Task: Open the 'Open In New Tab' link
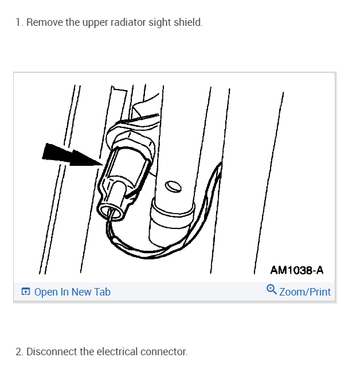tap(72, 292)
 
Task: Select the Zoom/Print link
tap(304, 292)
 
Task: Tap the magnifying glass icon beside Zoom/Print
tap(272, 290)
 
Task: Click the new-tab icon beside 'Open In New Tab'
tap(25, 292)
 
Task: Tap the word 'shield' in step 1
tap(189, 23)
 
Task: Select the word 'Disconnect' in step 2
tap(52, 351)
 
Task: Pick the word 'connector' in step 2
tap(163, 351)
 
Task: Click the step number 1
tap(18, 23)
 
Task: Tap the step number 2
tap(19, 351)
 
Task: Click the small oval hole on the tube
tap(173, 187)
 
